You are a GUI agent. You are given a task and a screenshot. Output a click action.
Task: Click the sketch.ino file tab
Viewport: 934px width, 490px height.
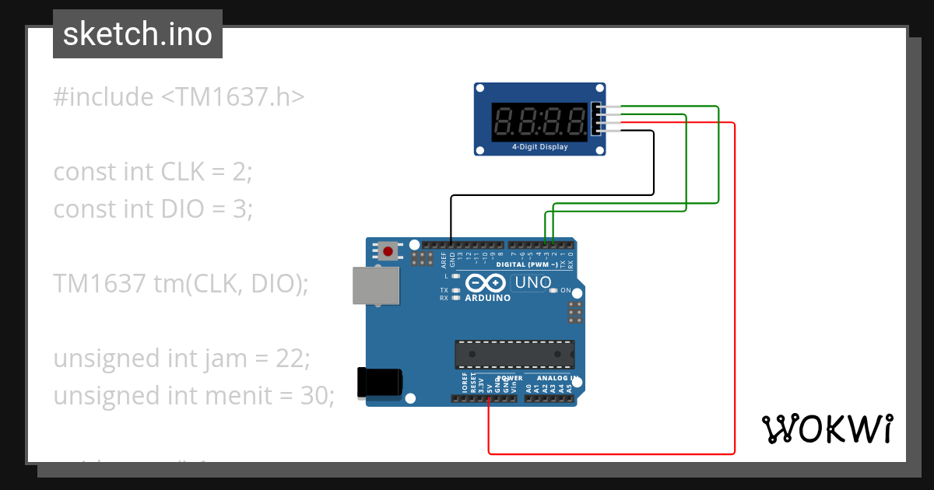coord(138,34)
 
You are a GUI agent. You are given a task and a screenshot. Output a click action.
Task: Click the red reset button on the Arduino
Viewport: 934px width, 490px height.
coord(388,250)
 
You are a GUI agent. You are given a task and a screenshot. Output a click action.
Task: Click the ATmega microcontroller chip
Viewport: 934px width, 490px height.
coord(514,353)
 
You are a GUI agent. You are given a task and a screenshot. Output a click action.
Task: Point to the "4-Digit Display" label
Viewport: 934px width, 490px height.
coord(539,147)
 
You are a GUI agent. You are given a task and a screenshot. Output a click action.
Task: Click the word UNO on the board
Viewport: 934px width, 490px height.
coord(532,283)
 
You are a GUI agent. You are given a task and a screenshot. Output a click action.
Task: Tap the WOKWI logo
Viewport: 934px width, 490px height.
coord(827,429)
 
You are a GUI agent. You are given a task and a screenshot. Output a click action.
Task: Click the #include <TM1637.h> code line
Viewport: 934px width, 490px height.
coord(179,97)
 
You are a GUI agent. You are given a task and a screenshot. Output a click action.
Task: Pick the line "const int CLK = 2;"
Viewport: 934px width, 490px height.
coord(153,172)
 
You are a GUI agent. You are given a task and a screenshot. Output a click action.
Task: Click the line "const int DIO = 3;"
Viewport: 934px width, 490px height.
coord(153,209)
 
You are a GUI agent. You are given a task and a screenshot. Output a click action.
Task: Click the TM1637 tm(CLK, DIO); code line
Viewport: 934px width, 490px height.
coord(181,284)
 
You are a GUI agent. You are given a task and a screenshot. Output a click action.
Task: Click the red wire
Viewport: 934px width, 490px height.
coord(734,311)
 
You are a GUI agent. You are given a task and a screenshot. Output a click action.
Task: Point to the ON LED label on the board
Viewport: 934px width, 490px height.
coord(566,291)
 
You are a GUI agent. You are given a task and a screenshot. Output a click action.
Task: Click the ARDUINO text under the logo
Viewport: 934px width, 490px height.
coord(487,298)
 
